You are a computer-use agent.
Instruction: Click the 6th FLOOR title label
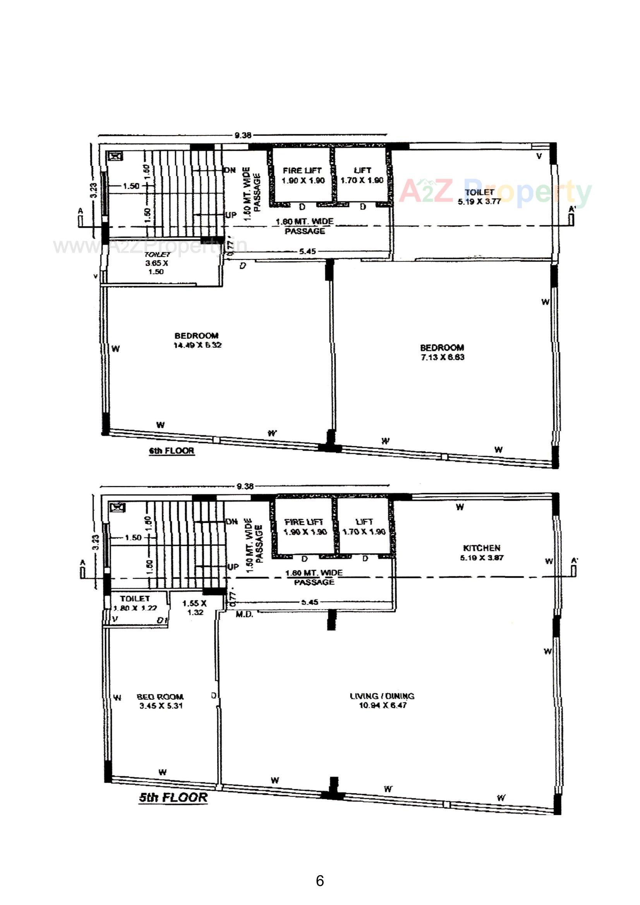172,451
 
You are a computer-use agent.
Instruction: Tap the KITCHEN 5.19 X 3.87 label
482,553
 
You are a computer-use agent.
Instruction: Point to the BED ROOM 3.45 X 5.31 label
161,701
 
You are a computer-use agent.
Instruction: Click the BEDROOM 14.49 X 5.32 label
197,340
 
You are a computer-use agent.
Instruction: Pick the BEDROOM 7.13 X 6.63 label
442,352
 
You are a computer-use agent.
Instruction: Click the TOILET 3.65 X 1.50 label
156,263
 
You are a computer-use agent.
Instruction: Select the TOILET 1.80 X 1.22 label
135,603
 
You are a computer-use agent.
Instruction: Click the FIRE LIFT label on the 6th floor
302,175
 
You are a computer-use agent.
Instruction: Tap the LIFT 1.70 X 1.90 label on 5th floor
364,526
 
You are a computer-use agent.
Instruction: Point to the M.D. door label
244,614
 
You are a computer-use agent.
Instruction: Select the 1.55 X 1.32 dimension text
195,607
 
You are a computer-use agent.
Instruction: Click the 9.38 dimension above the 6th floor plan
243,135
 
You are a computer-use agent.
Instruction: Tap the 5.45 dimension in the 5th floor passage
310,602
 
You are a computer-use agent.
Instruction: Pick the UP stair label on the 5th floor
233,566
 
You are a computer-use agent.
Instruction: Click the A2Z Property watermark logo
495,192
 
